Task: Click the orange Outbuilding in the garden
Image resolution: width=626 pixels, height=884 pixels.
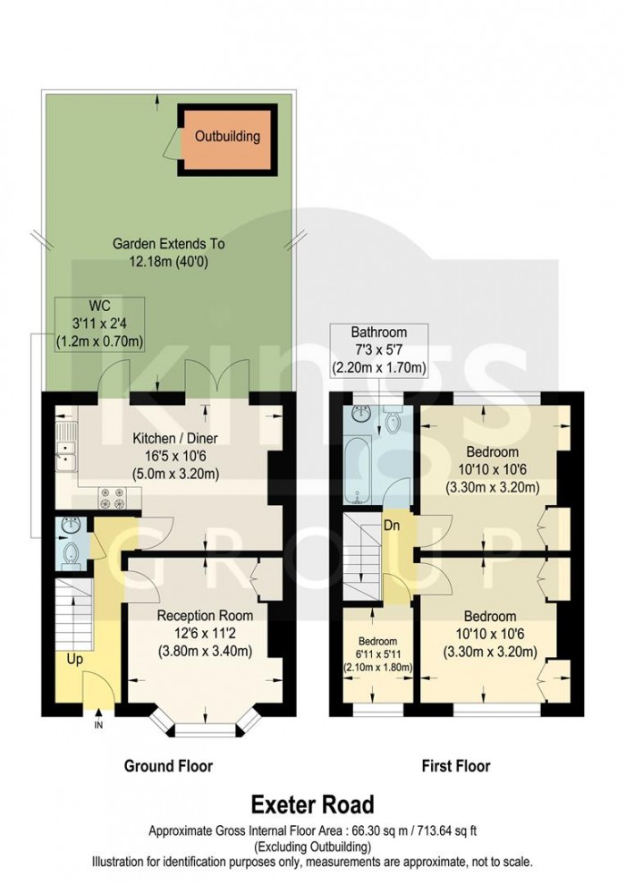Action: tap(227, 138)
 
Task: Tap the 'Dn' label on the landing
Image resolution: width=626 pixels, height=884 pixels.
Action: tap(392, 526)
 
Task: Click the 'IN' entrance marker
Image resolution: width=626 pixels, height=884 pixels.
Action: tap(98, 725)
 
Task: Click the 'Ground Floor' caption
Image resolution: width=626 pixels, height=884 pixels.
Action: tap(168, 766)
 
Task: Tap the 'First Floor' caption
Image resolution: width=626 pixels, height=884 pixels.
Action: tap(455, 766)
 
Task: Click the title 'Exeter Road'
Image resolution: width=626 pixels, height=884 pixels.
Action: tap(312, 805)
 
